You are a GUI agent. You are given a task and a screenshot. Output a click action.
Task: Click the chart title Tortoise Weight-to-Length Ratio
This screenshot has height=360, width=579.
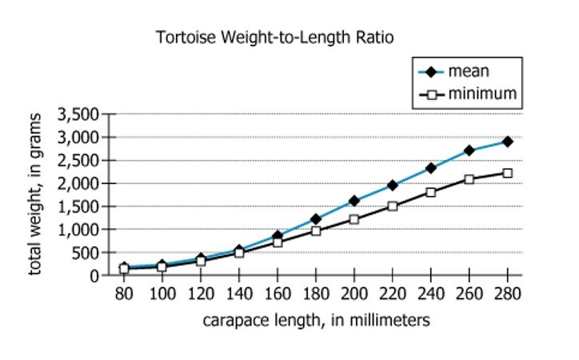(x=276, y=38)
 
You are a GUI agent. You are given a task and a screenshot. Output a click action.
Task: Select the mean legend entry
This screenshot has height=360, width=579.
(x=465, y=71)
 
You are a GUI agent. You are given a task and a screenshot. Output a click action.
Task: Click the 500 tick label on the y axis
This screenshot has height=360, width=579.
(x=86, y=253)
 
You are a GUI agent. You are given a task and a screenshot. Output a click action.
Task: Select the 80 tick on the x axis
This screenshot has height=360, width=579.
(x=124, y=294)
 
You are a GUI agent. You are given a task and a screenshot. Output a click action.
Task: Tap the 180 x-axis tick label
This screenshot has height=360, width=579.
(x=315, y=294)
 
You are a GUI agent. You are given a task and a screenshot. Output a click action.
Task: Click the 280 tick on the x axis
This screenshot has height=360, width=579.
(x=507, y=294)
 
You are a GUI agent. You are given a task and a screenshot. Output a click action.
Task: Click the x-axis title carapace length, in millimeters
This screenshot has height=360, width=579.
(x=316, y=320)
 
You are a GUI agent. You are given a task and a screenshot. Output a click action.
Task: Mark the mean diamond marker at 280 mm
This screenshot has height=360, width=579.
(x=507, y=142)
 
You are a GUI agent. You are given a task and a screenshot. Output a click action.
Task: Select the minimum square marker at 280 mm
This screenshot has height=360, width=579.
(x=507, y=173)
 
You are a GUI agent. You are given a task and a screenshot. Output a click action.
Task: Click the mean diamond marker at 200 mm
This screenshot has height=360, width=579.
(x=353, y=201)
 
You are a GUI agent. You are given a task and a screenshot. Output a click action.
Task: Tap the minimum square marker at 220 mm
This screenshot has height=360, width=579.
(x=392, y=206)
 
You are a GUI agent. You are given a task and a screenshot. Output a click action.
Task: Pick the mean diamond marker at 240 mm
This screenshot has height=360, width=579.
(x=430, y=168)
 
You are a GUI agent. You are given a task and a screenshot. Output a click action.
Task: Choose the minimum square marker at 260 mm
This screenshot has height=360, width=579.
(x=469, y=179)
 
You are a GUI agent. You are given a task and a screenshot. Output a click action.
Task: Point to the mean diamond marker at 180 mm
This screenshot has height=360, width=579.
(x=315, y=219)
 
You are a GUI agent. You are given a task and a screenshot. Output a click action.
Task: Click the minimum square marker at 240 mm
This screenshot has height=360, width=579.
(x=430, y=192)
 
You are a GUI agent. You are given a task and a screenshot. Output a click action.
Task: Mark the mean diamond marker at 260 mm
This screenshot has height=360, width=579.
(x=469, y=150)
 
